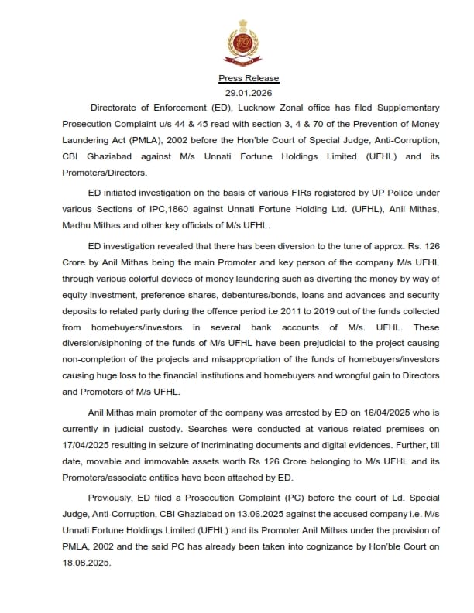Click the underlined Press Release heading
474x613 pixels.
coord(249,78)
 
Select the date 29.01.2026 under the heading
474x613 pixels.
coord(249,93)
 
